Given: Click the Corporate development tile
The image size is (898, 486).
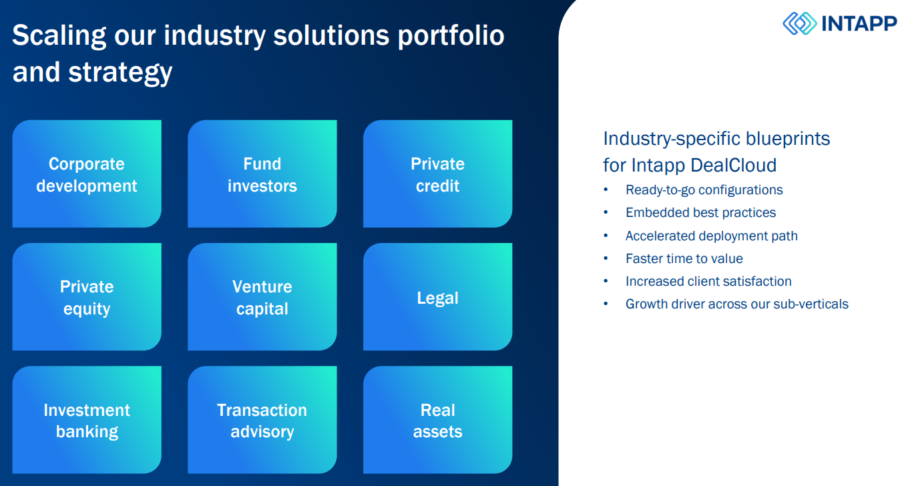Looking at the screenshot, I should pyautogui.click(x=87, y=174).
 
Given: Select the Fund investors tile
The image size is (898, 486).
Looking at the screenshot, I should pyautogui.click(x=262, y=174).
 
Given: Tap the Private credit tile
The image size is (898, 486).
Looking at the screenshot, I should pyautogui.click(x=437, y=174).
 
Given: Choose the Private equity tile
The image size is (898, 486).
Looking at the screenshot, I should pyautogui.click(x=87, y=297).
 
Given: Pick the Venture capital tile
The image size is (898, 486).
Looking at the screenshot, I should pyautogui.click(x=262, y=297).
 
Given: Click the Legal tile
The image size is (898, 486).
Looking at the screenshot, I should pyautogui.click(x=437, y=297).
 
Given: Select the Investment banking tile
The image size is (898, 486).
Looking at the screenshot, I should pyautogui.click(x=87, y=420).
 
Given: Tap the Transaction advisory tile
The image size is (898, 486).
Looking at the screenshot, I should pyautogui.click(x=262, y=420).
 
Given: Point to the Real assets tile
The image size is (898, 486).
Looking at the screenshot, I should pyautogui.click(x=437, y=420).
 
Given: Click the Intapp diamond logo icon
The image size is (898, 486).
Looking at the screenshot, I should pyautogui.click(x=799, y=23).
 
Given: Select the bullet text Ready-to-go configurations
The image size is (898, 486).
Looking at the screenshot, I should pyautogui.click(x=704, y=190).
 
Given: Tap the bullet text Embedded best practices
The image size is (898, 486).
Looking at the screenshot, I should pyautogui.click(x=700, y=212).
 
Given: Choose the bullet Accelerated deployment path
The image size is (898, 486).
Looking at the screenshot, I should pyautogui.click(x=711, y=236).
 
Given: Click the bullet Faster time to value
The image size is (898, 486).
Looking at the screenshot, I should pyautogui.click(x=684, y=258).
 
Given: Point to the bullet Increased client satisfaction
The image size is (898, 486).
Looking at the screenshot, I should pyautogui.click(x=708, y=281).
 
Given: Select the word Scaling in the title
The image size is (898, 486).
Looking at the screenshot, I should pyautogui.click(x=59, y=35).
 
